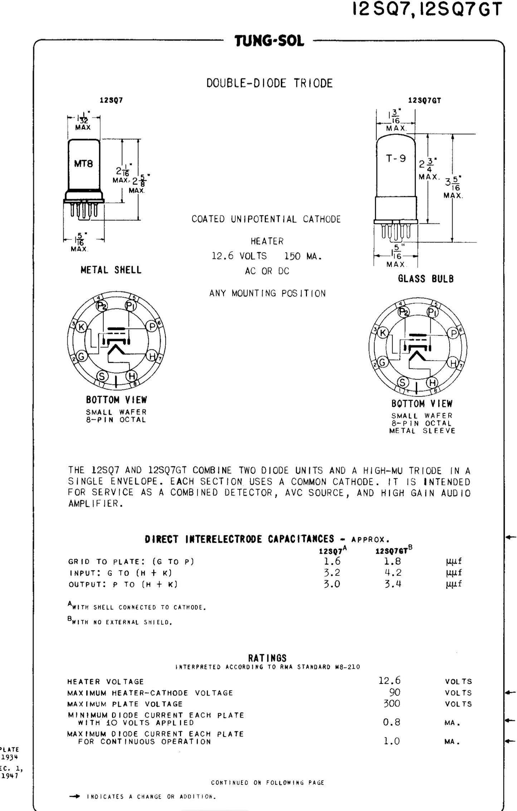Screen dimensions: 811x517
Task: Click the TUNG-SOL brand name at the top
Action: tap(269, 41)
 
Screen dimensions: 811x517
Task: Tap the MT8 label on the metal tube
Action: tap(83, 164)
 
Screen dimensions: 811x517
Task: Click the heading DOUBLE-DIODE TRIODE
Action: tap(269, 83)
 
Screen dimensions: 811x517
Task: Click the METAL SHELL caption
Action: tap(111, 270)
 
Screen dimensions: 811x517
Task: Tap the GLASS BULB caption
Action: tap(426, 278)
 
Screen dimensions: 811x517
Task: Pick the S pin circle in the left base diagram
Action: tap(102, 376)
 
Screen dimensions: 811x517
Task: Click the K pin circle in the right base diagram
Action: tap(383, 332)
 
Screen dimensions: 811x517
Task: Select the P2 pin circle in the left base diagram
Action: tap(102, 305)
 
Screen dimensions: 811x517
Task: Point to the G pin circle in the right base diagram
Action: tap(382, 363)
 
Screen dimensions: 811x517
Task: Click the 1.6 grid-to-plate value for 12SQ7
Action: tap(332, 561)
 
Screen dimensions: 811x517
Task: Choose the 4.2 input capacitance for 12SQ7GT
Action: tap(393, 572)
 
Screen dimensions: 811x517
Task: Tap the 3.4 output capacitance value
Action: tap(393, 584)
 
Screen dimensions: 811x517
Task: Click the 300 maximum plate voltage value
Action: tap(392, 703)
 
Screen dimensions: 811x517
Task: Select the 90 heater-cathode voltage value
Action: tap(394, 692)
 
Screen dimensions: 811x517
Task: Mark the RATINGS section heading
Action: tap(267, 658)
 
